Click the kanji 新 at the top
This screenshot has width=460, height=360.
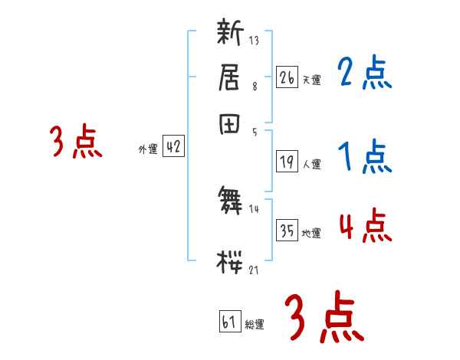(230, 34)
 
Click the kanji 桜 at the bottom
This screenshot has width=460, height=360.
(230, 261)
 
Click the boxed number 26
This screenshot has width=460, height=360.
(287, 77)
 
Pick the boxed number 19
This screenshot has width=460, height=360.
(287, 161)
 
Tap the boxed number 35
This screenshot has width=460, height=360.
(287, 231)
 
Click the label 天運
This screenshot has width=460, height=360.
(310, 80)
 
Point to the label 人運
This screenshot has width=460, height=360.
(311, 163)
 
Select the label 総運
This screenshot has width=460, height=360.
(255, 325)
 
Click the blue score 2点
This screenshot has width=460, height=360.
(364, 74)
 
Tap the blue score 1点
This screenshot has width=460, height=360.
(364, 158)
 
